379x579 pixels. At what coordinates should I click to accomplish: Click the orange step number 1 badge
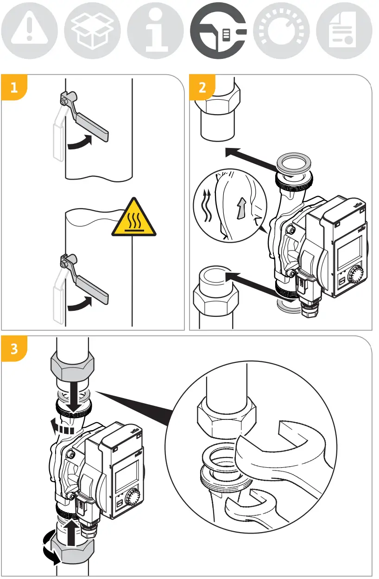14,88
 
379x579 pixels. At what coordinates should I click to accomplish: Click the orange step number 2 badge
202,88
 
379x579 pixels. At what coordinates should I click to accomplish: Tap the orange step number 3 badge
14,349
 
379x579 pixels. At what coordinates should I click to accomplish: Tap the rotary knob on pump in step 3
134,498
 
